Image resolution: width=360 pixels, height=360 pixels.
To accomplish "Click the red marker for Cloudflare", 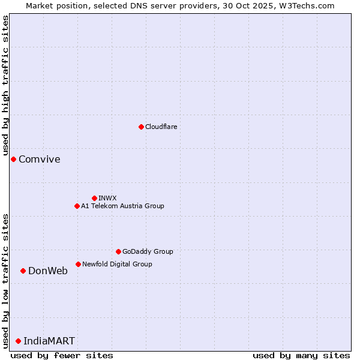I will coord(141,127).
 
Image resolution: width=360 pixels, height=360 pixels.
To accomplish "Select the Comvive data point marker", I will coord(13,159).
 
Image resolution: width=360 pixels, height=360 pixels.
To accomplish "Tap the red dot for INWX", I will coord(94,198).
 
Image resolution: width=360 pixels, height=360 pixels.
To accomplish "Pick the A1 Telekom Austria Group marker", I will coord(77,206).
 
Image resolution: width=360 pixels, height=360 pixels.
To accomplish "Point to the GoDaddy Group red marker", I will coord(118,251).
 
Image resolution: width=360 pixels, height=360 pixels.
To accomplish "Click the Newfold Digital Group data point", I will coord(78,264).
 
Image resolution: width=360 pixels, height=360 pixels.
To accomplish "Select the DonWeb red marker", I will coord(23,271).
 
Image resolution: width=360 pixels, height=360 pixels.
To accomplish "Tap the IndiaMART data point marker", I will coord(18,341).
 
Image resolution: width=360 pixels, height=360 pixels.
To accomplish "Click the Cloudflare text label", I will coord(161,127).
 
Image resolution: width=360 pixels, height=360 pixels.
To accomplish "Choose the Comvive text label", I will coord(40,159).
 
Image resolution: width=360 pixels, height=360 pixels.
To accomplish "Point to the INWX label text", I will coord(107,198).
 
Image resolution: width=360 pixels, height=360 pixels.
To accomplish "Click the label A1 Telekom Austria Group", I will coord(122,206).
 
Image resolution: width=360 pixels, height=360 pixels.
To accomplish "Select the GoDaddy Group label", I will coord(148,251).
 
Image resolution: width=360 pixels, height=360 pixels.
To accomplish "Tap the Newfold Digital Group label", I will coord(117,264).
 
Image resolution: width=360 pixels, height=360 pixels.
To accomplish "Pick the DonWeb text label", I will coord(48,271).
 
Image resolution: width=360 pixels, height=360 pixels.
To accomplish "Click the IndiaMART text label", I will coord(49,341).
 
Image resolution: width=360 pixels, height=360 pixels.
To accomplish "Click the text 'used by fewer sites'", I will coord(62,355).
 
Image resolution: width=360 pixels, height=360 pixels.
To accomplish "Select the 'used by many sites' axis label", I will coord(301,355).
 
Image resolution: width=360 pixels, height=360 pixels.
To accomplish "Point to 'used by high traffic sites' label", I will coord(5,85).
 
